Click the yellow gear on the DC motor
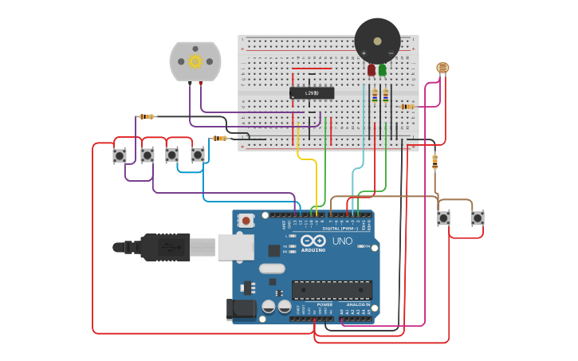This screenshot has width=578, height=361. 195,61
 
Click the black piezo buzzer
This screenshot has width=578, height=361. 377,40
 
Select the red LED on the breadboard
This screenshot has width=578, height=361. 372,71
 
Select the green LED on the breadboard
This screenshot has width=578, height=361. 383,71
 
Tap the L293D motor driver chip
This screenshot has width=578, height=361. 312,93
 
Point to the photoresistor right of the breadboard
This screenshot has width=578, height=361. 443,68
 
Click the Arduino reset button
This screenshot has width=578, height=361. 246,220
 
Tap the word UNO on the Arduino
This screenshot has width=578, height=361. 341,241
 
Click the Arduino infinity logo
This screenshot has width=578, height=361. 319,241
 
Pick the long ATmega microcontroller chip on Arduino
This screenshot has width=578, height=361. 331,290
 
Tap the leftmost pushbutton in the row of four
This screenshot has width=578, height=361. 120,156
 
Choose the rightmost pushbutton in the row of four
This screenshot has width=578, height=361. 198,155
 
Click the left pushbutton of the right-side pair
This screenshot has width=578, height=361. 443,218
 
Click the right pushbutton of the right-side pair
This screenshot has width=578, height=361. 478,218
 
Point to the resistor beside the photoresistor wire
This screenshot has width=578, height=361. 407,106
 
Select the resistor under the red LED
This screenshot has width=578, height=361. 375,96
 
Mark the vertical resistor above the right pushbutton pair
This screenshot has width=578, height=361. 434,162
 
